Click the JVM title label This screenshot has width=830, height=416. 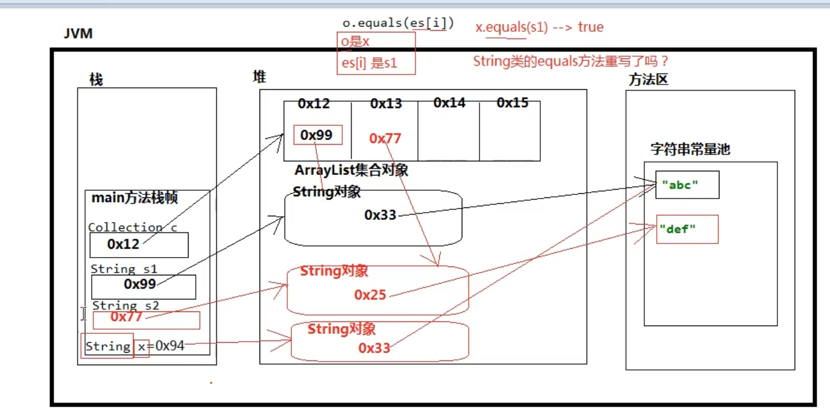pyautogui.click(x=78, y=34)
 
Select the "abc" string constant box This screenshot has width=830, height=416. pyautogui.click(x=687, y=185)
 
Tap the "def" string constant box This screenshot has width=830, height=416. pyautogui.click(x=687, y=229)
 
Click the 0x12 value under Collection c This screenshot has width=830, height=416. pyautogui.click(x=124, y=244)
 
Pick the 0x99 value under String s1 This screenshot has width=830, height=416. pyautogui.click(x=140, y=284)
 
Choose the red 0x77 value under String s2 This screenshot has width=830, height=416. pyautogui.click(x=127, y=317)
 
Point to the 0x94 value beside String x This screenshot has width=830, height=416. pyautogui.click(x=170, y=346)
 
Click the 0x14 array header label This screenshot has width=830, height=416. pyautogui.click(x=449, y=103)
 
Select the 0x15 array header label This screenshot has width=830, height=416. pyautogui.click(x=513, y=103)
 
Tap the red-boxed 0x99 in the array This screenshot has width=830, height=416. pyautogui.click(x=316, y=135)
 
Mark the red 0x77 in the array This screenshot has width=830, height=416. pyautogui.click(x=385, y=139)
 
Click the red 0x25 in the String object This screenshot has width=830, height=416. pyautogui.click(x=370, y=295)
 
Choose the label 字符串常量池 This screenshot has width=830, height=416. pyautogui.click(x=690, y=149)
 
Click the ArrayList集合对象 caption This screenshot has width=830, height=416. pyautogui.click(x=351, y=171)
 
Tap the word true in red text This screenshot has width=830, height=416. pyautogui.click(x=591, y=27)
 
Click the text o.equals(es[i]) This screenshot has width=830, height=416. pyautogui.click(x=398, y=24)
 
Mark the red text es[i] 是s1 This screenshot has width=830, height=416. pyautogui.click(x=369, y=63)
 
